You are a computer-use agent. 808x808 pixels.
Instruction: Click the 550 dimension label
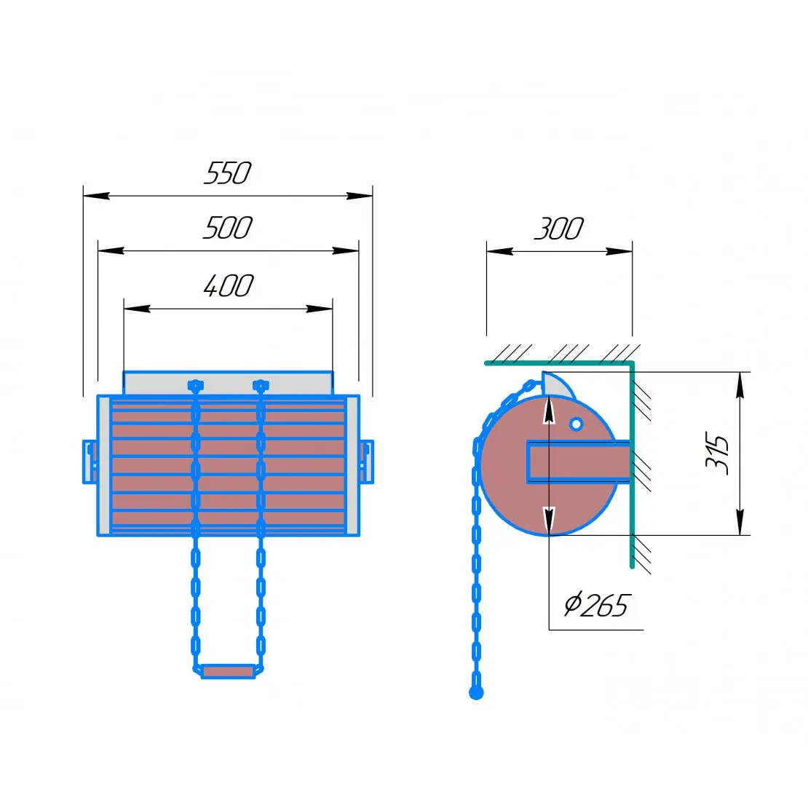(227, 173)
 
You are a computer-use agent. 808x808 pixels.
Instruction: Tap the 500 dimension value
(227, 229)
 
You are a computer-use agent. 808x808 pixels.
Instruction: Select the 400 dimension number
(229, 286)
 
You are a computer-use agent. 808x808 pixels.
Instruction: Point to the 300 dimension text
(558, 229)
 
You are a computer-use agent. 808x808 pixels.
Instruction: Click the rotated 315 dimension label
(717, 453)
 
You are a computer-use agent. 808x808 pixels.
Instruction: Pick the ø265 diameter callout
(596, 605)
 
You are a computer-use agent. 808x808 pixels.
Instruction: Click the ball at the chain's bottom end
(476, 692)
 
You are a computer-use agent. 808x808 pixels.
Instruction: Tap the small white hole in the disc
(576, 424)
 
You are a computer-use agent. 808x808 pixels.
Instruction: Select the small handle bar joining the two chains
(228, 671)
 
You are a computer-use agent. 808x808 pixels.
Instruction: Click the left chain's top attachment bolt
(195, 386)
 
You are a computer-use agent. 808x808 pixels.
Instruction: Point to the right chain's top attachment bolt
(261, 386)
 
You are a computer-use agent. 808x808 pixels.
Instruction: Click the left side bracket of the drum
(90, 462)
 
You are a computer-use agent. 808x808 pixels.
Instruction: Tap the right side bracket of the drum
(367, 462)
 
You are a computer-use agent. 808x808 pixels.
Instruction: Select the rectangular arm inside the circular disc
(578, 462)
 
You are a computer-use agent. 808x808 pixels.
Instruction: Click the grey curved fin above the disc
(558, 386)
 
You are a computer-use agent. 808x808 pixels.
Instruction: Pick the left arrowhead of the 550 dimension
(96, 196)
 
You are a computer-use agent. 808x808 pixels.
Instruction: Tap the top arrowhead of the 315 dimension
(740, 384)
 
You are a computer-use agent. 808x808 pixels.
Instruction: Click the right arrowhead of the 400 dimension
(319, 309)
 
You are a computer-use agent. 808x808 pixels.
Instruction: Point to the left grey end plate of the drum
(103, 466)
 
